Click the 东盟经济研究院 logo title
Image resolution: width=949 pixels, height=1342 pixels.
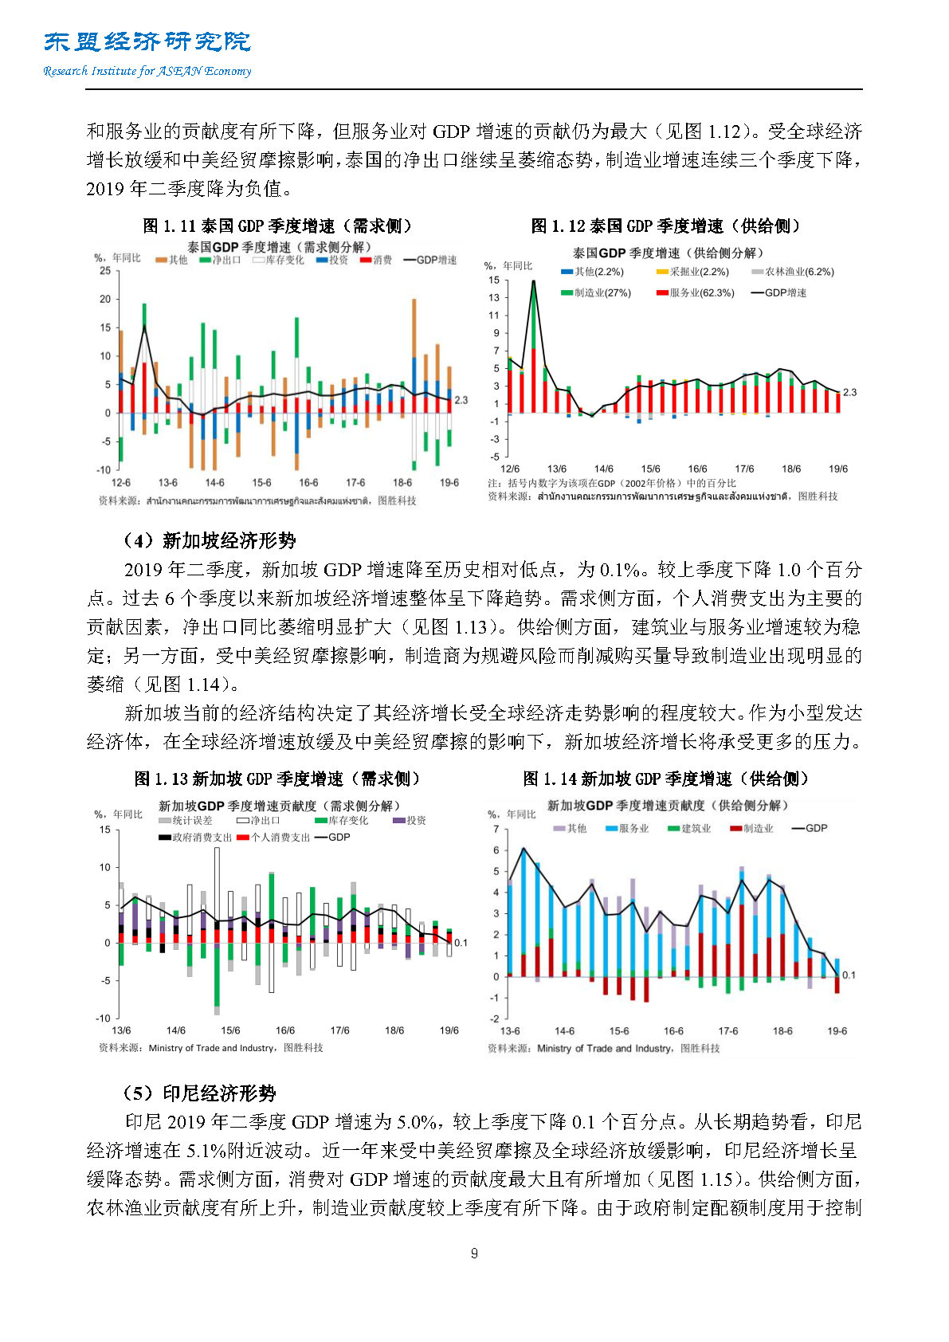pyautogui.click(x=147, y=41)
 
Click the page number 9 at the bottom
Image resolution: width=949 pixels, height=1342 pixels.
pyautogui.click(x=474, y=1254)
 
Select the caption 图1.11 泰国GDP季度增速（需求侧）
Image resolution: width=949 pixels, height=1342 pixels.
pyautogui.click(x=277, y=226)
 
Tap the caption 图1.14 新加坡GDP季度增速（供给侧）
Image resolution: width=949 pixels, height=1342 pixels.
pyautogui.click(x=666, y=779)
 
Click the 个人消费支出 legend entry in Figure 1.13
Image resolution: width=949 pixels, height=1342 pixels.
pyautogui.click(x=273, y=838)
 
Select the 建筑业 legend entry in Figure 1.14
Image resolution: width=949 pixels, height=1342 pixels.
pyautogui.click(x=689, y=829)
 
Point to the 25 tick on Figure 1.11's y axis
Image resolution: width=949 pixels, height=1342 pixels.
pyautogui.click(x=105, y=271)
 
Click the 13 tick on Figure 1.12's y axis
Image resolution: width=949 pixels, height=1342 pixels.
pyautogui.click(x=495, y=298)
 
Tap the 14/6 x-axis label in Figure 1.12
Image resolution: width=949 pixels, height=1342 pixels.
pyautogui.click(x=604, y=469)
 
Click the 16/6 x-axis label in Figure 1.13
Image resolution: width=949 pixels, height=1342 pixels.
pyautogui.click(x=285, y=1030)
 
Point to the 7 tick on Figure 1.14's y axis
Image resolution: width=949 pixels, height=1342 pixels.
pyautogui.click(x=496, y=830)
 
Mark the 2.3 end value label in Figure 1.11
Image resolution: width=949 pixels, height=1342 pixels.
pyautogui.click(x=461, y=401)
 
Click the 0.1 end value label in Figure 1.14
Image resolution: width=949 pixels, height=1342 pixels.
pyautogui.click(x=849, y=975)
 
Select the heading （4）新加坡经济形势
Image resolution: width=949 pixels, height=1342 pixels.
pyautogui.click(x=209, y=541)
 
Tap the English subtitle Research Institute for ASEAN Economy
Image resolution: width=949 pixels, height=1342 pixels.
pyautogui.click(x=147, y=71)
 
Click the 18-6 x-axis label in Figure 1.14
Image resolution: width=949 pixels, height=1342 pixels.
pyautogui.click(x=782, y=1031)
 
